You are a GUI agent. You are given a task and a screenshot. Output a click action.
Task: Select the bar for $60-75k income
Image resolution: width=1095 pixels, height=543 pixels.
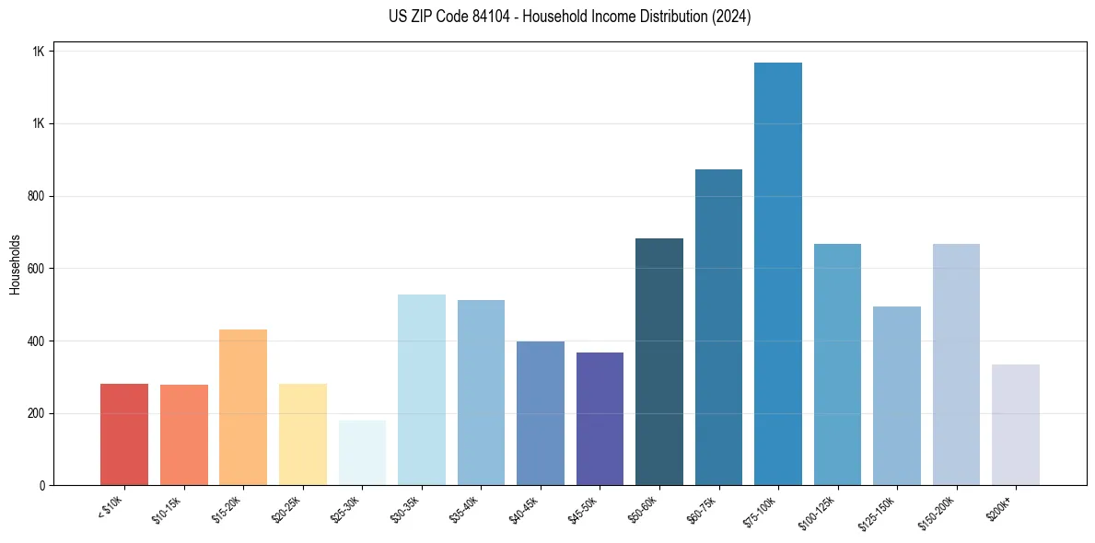pos(718,328)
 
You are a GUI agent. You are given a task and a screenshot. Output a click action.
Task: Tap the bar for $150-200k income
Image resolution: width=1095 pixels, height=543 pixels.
pos(956,364)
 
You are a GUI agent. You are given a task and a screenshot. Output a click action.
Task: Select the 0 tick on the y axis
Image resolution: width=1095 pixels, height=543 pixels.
pos(42,486)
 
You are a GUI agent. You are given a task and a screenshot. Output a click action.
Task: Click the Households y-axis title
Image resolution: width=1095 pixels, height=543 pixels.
pos(16,263)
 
